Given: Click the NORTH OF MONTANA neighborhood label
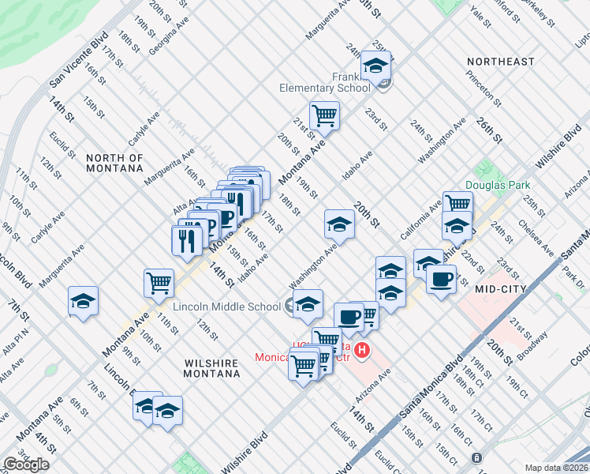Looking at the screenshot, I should [114, 164].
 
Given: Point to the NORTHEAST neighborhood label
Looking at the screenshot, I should [500, 62].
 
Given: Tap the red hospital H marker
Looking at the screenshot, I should [362, 349].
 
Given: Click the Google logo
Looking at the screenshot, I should [26, 465].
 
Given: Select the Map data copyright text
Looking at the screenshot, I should [557, 468].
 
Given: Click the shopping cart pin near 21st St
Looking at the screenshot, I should [324, 115].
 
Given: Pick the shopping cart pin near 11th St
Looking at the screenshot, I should [159, 282].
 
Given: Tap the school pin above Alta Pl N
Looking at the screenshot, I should [83, 301].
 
